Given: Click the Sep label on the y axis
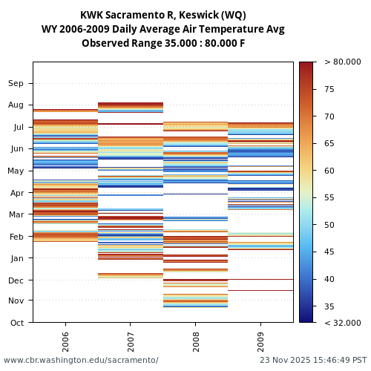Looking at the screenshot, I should click(16, 84).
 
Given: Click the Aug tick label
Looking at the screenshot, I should click(16, 105).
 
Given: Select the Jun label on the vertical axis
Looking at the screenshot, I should click(16, 149).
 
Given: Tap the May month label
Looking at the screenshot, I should click(16, 171).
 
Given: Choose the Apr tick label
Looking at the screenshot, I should click(16, 193).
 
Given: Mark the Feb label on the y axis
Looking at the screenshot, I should click(16, 237).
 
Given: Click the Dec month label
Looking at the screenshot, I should click(16, 280).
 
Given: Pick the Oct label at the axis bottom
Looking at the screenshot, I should click(16, 323).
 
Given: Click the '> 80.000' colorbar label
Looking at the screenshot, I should click(342, 62).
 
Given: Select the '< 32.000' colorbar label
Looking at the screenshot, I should click(342, 323).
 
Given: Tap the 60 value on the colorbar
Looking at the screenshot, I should click(329, 171).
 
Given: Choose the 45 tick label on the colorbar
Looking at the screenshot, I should click(329, 252).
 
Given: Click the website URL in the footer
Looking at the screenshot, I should click(81, 361).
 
